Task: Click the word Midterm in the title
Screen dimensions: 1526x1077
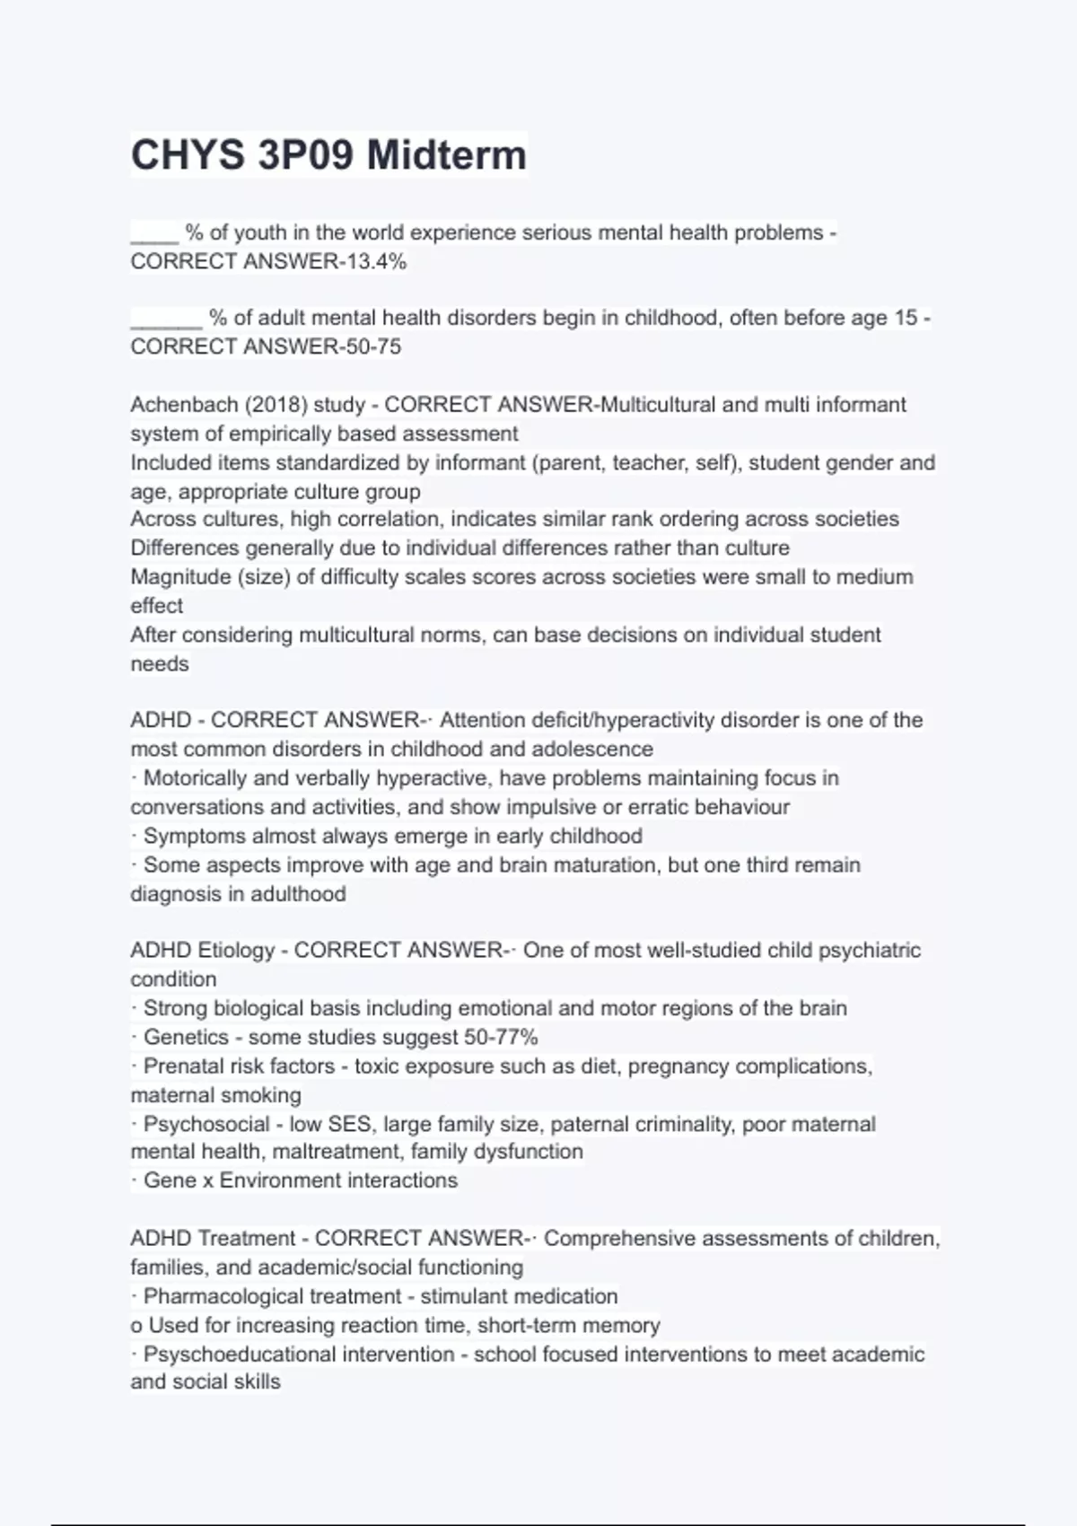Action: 446,154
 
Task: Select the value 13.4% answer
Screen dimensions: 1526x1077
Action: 376,261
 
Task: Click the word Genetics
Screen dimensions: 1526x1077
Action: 186,1037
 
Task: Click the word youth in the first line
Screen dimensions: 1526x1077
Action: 260,232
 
